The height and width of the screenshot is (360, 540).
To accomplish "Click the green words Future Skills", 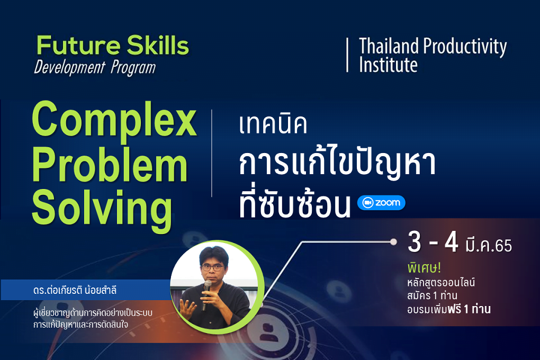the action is click(113, 45).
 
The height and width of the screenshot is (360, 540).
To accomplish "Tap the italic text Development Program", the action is click(95, 68).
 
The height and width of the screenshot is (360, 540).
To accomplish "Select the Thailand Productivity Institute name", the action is click(433, 55).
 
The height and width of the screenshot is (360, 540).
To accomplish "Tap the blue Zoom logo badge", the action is click(381, 203).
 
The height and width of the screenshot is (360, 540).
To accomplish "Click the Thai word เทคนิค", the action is click(273, 124).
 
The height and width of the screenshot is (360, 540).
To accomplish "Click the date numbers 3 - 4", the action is click(433, 242).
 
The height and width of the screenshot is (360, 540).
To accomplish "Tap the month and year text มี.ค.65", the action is click(488, 245).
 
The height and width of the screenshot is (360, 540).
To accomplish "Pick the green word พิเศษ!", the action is click(424, 268).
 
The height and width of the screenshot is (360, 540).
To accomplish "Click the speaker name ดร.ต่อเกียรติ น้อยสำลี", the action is click(75, 290).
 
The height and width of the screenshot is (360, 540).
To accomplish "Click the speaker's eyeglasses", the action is click(212, 267).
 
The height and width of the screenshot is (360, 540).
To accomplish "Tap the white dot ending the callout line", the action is click(393, 242).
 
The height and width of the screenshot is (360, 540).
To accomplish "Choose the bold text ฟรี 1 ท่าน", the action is click(469, 309).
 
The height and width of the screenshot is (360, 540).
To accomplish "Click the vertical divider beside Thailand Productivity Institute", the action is click(347, 55).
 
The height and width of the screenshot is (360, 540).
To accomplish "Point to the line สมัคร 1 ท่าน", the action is click(432, 295).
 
